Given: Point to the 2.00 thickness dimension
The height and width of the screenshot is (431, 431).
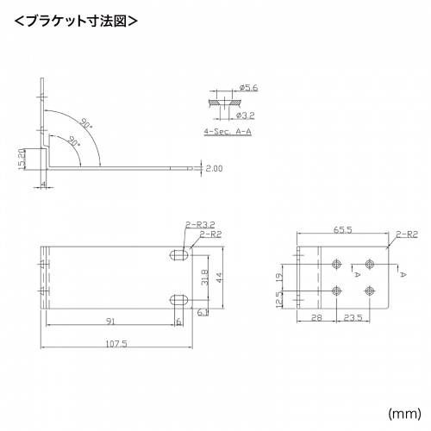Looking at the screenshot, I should point(215,169).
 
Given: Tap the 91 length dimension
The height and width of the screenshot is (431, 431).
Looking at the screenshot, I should point(111,321).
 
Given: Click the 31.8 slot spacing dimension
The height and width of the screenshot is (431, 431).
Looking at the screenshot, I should point(203,278).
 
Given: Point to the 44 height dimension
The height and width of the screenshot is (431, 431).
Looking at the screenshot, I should point(220,278).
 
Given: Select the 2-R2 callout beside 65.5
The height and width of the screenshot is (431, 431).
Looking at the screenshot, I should point(408,233).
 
